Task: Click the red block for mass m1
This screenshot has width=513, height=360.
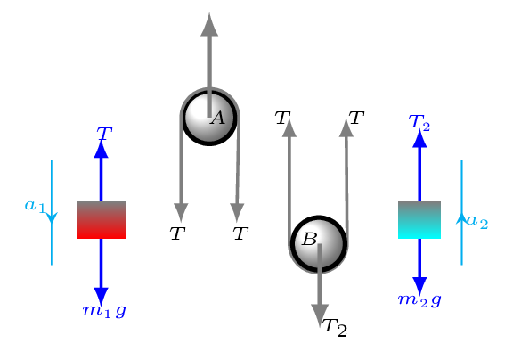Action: coord(102,220)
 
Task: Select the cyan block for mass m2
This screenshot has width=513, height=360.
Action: coord(419,220)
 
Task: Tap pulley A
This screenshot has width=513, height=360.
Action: coord(209,117)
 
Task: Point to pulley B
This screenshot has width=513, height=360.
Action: coord(319,244)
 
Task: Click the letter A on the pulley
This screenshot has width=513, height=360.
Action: coord(218,118)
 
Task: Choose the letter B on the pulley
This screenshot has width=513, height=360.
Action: coord(310,239)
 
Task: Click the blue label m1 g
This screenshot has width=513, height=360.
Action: coord(104,311)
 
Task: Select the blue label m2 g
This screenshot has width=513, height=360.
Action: coord(419,300)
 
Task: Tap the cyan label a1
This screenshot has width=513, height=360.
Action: coord(35,207)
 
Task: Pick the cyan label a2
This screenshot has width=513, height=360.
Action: coord(477,222)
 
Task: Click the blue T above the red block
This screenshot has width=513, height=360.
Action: coord(104,135)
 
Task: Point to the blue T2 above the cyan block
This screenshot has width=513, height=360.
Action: coord(419,123)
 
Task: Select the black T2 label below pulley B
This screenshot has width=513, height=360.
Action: coord(335,328)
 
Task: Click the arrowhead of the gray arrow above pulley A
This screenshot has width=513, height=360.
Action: coord(209,25)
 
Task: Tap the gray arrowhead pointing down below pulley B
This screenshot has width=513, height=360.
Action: coord(320,315)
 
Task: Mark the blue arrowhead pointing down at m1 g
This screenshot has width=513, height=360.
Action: coord(102,297)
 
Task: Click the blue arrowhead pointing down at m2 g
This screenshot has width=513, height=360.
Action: coord(419,286)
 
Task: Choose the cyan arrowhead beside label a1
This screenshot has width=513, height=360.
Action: coord(52,218)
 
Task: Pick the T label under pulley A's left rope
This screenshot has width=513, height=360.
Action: coord(177,234)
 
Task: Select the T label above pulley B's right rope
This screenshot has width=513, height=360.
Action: coord(356,118)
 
